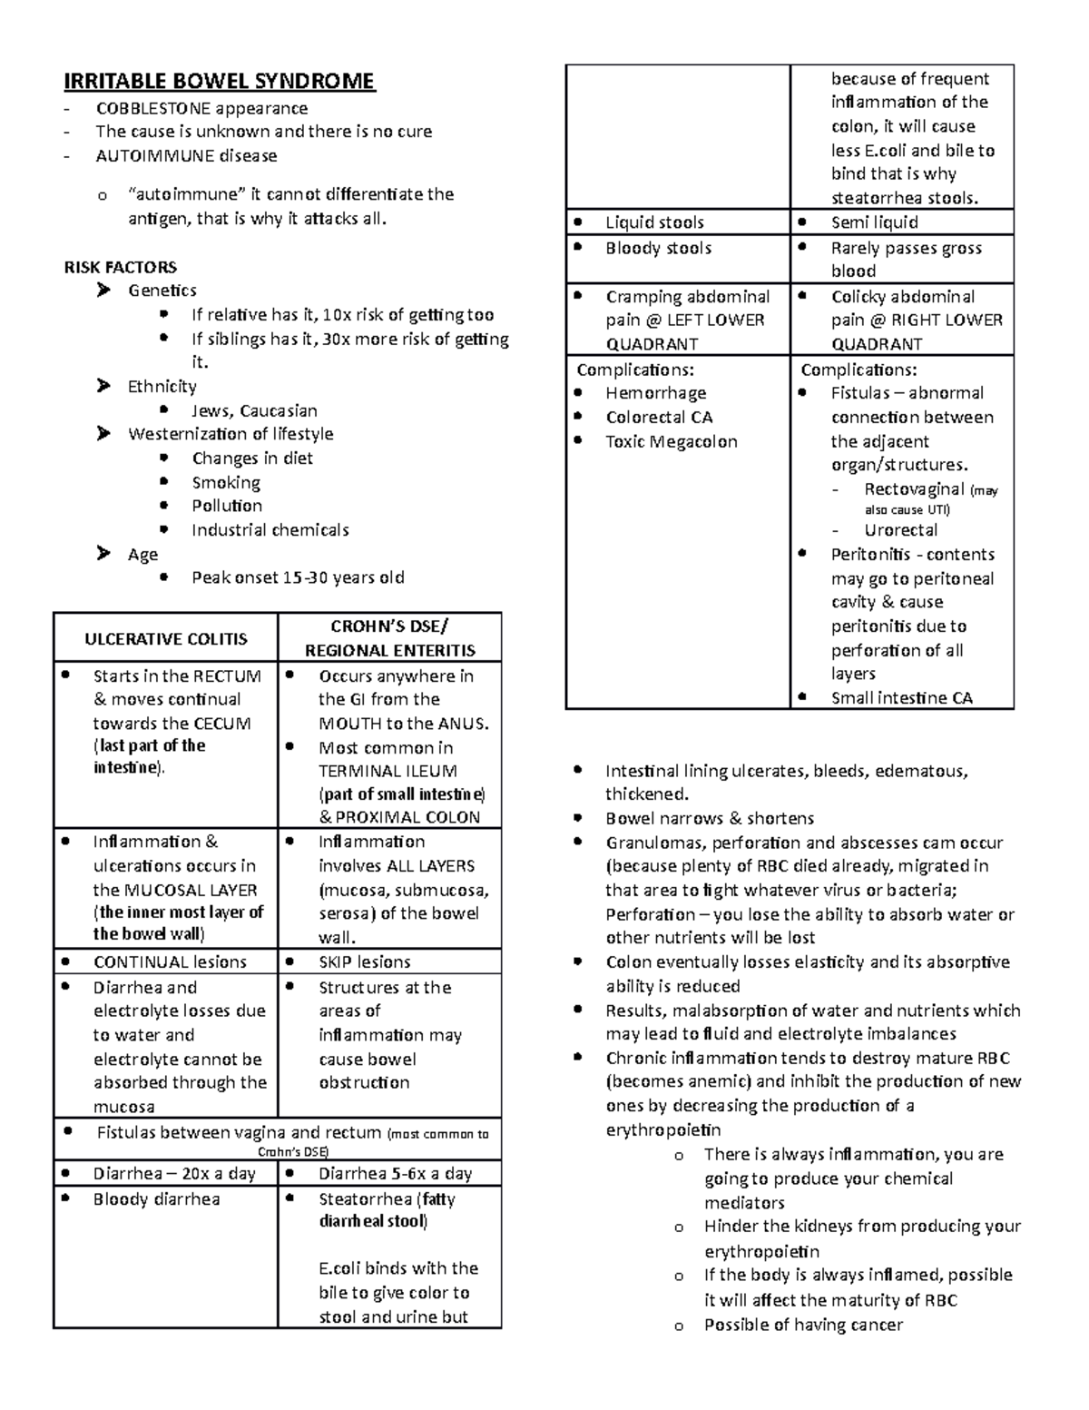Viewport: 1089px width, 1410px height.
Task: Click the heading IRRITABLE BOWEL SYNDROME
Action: (x=219, y=82)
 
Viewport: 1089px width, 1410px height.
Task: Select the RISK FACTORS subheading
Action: (x=120, y=267)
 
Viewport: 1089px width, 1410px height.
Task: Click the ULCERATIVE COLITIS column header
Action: (x=165, y=639)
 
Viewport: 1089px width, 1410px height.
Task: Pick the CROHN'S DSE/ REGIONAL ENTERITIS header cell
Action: (x=389, y=638)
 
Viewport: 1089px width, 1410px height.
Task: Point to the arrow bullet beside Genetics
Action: (x=103, y=291)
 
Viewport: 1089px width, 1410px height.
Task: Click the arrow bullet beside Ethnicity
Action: (x=103, y=387)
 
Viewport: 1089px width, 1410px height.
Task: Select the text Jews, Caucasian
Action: (x=254, y=410)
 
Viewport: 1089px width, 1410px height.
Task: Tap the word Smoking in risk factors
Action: (x=226, y=482)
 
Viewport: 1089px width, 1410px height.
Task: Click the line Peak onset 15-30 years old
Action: (x=298, y=577)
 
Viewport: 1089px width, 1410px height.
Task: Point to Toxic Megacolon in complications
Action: (x=672, y=442)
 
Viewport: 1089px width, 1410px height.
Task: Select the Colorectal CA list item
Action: (x=659, y=418)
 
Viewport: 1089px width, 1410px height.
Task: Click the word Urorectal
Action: (x=900, y=530)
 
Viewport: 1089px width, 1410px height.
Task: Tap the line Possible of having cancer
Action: (x=803, y=1325)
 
